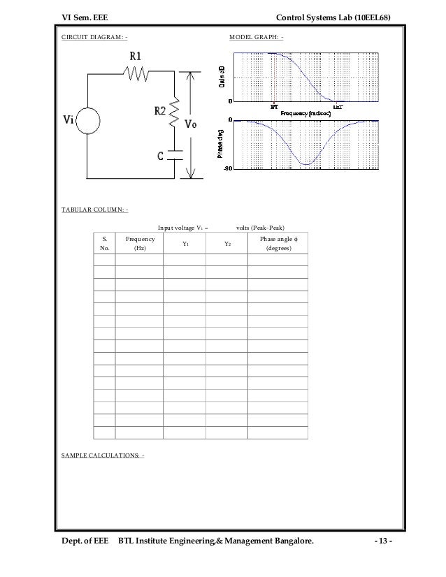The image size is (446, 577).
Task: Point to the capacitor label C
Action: coord(160,155)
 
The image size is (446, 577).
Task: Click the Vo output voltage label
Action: coord(190,126)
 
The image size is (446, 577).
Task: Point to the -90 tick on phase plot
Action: coord(227,168)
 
